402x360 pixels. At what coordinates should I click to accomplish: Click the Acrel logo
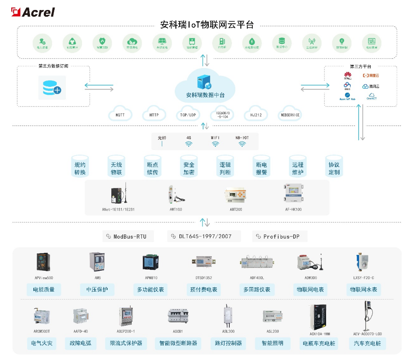[x=33, y=12]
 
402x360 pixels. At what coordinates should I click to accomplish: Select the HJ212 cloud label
[x=256, y=115]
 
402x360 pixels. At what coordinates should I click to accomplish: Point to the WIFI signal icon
[x=215, y=144]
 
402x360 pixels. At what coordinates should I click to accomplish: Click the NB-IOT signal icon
[x=242, y=144]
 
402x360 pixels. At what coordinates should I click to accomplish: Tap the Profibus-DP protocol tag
[x=280, y=236]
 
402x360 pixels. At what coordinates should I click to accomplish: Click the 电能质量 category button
[x=44, y=290]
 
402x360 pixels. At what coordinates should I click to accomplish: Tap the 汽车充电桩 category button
[x=367, y=343]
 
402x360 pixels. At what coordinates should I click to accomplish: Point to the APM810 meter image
[x=150, y=262]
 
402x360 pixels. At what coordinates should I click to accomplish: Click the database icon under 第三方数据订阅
[x=52, y=87]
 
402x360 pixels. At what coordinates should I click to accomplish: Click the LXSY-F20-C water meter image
[x=358, y=262]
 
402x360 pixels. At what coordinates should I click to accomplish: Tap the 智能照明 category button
[x=272, y=343]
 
